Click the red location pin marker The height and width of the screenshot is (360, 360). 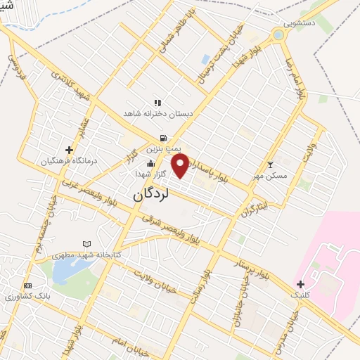pyautogui.click(x=180, y=166)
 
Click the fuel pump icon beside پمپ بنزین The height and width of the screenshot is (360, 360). pyautogui.click(x=163, y=139)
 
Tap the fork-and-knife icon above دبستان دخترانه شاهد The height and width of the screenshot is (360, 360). pyautogui.click(x=157, y=103)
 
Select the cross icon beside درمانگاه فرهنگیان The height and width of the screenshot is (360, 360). pyautogui.click(x=69, y=149)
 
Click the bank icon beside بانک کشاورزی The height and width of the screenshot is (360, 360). pyautogui.click(x=27, y=285)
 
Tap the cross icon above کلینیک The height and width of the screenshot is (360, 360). pyautogui.click(x=301, y=284)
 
